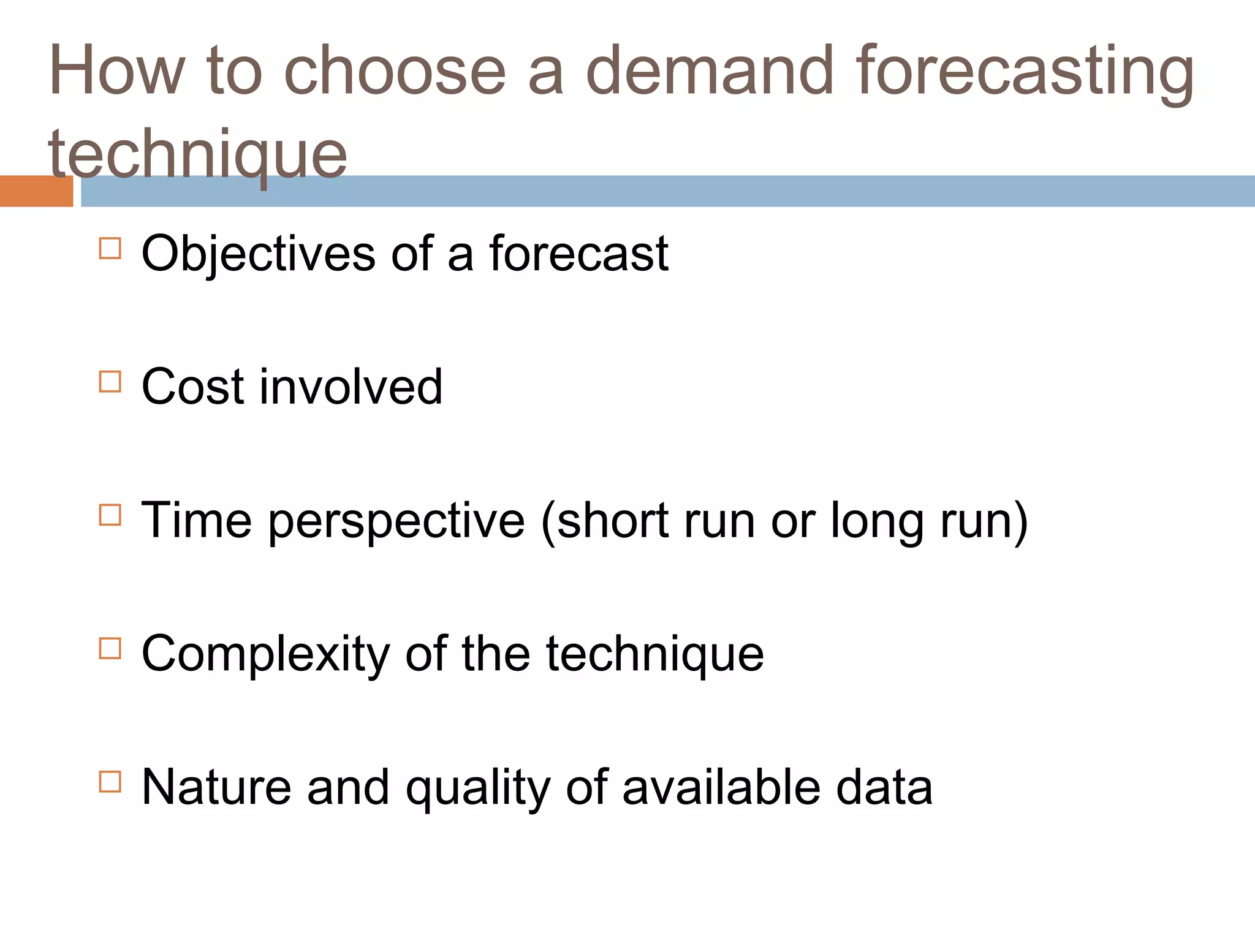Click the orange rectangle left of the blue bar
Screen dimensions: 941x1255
pos(36,191)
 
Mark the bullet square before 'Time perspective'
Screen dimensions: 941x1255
pos(110,515)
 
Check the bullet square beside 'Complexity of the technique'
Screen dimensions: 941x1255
pos(110,648)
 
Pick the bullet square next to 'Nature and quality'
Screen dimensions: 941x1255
pos(110,782)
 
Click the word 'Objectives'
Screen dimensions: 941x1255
pos(258,254)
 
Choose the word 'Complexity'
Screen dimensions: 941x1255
pos(265,655)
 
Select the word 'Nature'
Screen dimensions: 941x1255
pos(216,787)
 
